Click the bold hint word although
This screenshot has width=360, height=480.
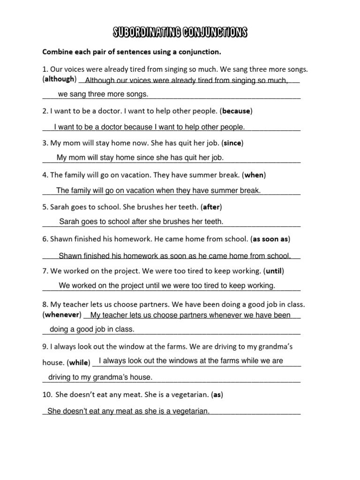click(x=60, y=79)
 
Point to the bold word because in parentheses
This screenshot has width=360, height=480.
click(x=237, y=111)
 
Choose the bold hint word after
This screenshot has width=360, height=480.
click(x=211, y=207)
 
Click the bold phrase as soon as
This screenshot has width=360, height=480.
click(x=270, y=239)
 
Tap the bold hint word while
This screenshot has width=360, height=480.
click(x=78, y=362)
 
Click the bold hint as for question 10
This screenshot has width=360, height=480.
click(x=217, y=395)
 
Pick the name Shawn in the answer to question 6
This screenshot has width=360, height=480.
click(x=70, y=256)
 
